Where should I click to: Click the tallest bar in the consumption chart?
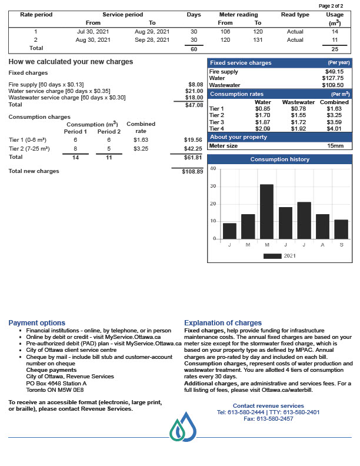click(x=266, y=211)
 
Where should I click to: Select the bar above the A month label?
click(x=322, y=226)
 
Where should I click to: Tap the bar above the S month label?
click(x=341, y=229)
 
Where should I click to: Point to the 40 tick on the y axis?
click(x=214, y=169)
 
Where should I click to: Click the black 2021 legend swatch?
click(x=272, y=256)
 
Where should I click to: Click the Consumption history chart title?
click(x=279, y=159)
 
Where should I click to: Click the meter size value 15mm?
click(x=335, y=145)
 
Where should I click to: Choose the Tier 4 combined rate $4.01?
click(x=334, y=128)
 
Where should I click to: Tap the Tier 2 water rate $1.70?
click(x=262, y=115)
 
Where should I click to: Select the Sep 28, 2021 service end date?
click(x=152, y=40)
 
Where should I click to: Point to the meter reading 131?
click(x=258, y=40)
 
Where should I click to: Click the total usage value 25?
click(x=335, y=49)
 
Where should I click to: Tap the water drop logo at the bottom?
click(x=183, y=427)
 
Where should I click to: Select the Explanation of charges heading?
click(x=223, y=323)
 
